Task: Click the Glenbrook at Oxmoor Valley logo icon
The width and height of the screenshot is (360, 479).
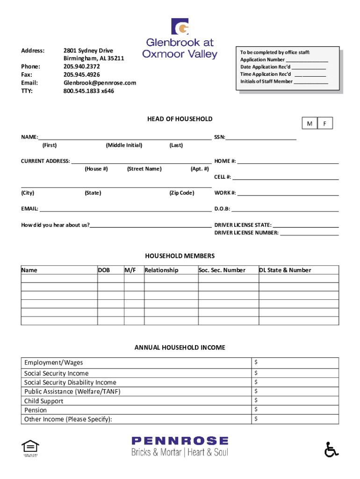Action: (180, 27)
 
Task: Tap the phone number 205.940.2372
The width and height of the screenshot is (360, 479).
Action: (81, 66)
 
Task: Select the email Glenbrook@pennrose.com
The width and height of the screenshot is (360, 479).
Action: (100, 82)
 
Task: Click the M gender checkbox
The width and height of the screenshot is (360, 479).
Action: (309, 123)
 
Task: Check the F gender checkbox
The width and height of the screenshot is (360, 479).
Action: (324, 123)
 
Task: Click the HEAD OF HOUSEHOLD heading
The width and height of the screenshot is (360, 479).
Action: (180, 119)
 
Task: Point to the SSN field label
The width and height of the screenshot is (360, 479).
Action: (220, 137)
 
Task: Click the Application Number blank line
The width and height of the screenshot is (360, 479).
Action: (307, 60)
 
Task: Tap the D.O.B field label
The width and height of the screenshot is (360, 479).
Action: (222, 209)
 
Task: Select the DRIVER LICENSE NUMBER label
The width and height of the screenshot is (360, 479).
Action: (246, 232)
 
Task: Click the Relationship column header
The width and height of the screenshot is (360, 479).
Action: (161, 270)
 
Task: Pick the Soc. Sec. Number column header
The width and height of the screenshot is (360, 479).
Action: (222, 270)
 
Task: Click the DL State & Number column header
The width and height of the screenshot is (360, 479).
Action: (285, 270)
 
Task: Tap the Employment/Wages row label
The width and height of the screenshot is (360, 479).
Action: (53, 363)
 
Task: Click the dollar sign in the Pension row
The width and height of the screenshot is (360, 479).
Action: (256, 409)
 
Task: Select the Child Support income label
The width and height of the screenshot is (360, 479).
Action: (43, 401)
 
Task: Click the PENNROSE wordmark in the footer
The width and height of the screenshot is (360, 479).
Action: (180, 441)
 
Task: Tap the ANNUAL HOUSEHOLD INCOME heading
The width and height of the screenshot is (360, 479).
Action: (180, 348)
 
